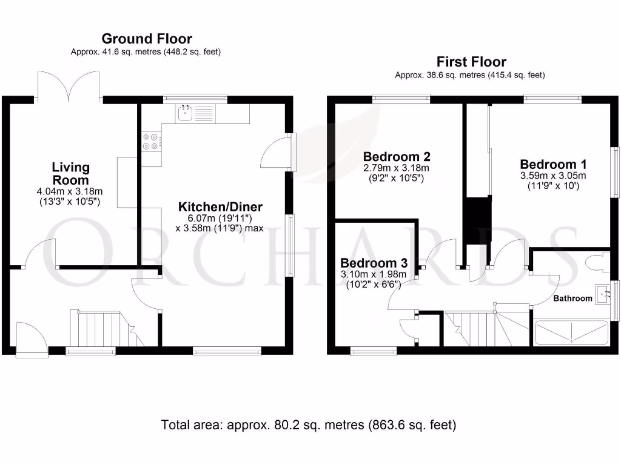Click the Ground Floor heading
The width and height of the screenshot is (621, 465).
click(147, 39)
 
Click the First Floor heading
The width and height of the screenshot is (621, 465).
click(471, 62)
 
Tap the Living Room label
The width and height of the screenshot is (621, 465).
click(70, 173)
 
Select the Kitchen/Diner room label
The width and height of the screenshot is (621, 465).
click(220, 207)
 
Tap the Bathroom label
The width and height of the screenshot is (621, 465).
click(572, 298)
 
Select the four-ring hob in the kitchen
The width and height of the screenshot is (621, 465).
click(150, 141)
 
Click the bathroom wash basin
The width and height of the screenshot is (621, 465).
click(604, 295)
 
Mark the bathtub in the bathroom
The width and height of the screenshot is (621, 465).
click(569, 333)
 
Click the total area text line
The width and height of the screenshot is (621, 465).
click(308, 425)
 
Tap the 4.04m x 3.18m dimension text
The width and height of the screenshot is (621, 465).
click(70, 191)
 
